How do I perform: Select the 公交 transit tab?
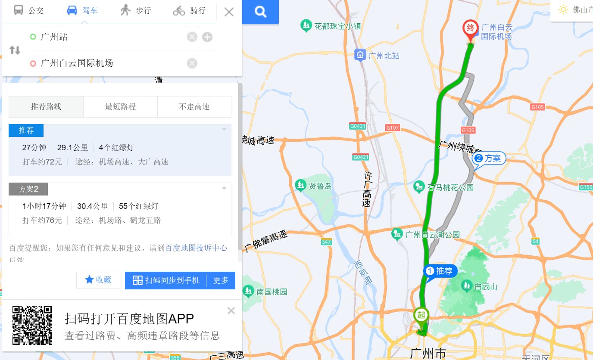pos(29,11)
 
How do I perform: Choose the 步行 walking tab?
pos(136,11)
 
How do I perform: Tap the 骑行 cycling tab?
pos(190,11)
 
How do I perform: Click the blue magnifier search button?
pos(260,12)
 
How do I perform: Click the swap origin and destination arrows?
pos(15,50)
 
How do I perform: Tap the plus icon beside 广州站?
pos(207,37)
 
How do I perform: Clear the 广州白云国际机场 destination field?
pos(192,63)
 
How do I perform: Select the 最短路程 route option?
pos(120,107)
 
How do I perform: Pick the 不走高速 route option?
pos(194,107)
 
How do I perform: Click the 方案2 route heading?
pos(28,189)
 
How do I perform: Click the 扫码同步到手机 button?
pos(166,280)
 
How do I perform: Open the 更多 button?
pos(221,280)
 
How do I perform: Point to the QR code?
pos(32,325)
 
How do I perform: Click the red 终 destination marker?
pos(470,30)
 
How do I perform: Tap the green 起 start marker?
pos(421,315)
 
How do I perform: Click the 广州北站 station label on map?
pos(378,56)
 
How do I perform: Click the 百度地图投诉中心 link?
pos(196,248)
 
